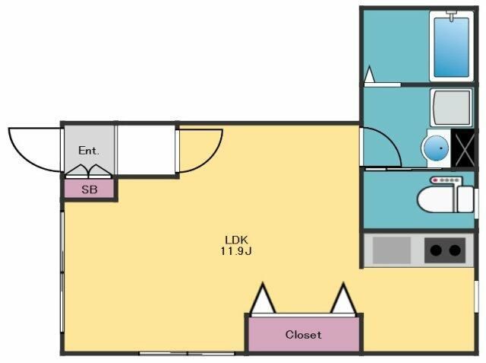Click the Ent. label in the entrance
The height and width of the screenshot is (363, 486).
(x=89, y=151)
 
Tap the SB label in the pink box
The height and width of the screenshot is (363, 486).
(x=90, y=189)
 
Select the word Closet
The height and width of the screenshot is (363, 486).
(x=303, y=334)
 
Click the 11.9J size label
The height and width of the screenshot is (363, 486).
(x=236, y=251)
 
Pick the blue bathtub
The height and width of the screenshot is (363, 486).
(x=451, y=47)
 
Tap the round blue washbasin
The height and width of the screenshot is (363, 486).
(x=437, y=148)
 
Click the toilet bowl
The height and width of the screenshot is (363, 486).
(x=437, y=199)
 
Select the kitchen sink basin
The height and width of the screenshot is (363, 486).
(x=392, y=250)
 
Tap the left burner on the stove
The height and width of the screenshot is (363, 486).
(x=436, y=250)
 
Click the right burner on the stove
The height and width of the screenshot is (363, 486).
(x=455, y=250)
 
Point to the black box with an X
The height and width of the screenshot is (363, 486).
(x=462, y=148)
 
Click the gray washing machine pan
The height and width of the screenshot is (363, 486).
(x=451, y=107)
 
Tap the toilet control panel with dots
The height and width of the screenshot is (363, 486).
(x=446, y=180)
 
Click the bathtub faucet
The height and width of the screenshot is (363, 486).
(x=452, y=15)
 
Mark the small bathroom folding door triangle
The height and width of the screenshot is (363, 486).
(x=370, y=75)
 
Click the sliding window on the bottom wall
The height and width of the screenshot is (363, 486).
(x=187, y=353)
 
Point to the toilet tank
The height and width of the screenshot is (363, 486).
(x=465, y=199)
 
